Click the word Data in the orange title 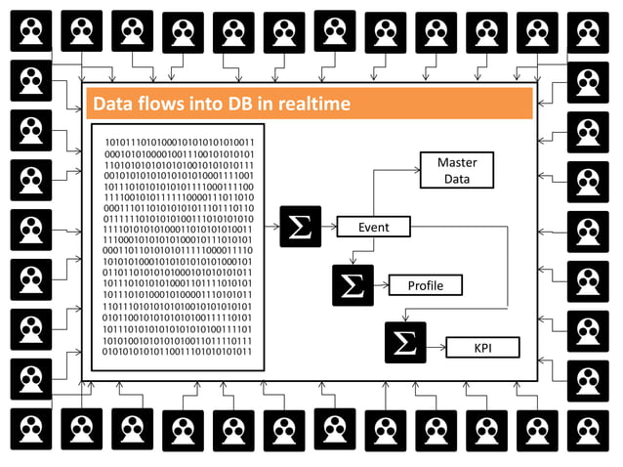(x=110, y=104)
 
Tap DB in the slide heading (x=243, y=104)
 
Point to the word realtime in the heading (x=306, y=104)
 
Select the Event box (x=373, y=227)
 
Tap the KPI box (x=482, y=346)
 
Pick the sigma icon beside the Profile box (x=352, y=285)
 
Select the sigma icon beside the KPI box (x=404, y=343)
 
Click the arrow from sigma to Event (x=328, y=227)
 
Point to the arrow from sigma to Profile (x=381, y=285)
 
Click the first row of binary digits (x=178, y=143)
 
